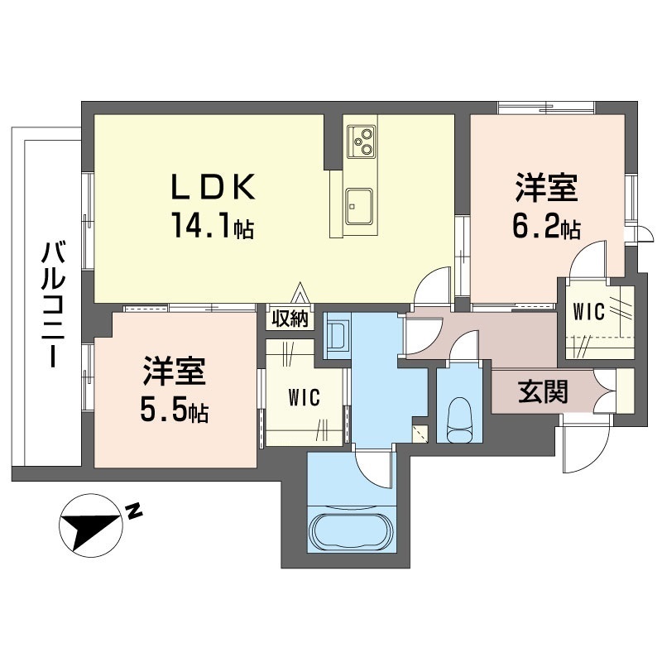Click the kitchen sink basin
358,204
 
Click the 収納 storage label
290,317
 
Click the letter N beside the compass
134,511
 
